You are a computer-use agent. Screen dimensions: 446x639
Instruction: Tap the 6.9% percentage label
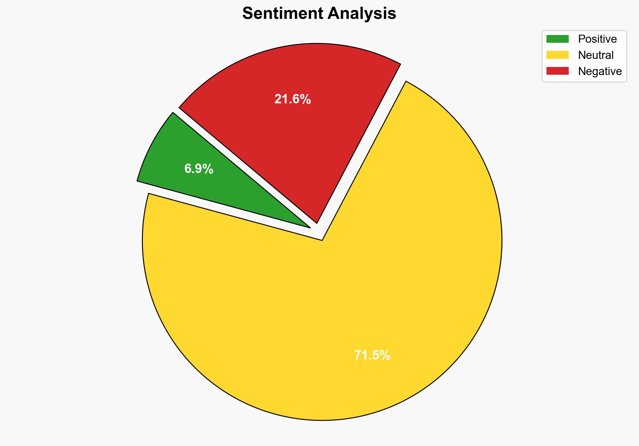[x=199, y=169]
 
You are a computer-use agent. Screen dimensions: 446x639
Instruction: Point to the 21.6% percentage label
[x=293, y=99]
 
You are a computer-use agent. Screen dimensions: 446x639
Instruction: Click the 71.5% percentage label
[x=372, y=355]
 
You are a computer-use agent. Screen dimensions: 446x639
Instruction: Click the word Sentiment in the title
[x=283, y=14]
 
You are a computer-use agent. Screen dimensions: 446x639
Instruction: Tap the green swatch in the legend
[x=557, y=39]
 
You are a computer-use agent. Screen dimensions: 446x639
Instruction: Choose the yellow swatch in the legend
[x=557, y=55]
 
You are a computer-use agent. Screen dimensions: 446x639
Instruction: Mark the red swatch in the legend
[x=557, y=71]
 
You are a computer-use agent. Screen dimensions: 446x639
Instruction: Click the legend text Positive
[x=597, y=39]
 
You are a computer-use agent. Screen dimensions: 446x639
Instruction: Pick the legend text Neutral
[x=596, y=55]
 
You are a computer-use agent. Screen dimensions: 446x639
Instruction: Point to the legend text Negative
[x=600, y=71]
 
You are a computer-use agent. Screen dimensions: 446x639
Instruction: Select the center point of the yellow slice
[x=322, y=240]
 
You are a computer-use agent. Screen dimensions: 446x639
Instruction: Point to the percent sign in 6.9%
[x=208, y=169]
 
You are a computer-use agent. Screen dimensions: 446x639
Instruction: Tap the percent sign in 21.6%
[x=306, y=99]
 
